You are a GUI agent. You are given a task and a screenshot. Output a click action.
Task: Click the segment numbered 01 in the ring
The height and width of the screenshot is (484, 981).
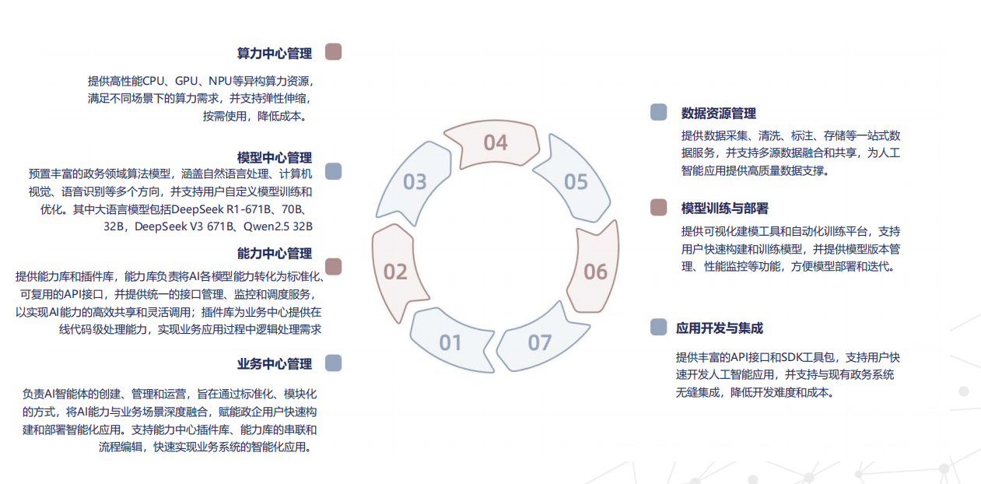pos(451,342)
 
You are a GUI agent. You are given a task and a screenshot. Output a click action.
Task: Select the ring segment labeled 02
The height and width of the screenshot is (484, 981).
pos(395,272)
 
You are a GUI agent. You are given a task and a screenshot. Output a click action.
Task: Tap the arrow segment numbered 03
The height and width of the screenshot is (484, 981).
pos(415,181)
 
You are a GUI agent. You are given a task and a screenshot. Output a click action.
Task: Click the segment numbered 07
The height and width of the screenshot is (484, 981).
pos(540,342)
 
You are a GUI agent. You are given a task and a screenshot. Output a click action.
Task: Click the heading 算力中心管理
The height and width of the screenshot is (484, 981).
pos(275,54)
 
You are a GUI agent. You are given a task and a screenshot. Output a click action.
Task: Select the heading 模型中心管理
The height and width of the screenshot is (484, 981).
pos(275,158)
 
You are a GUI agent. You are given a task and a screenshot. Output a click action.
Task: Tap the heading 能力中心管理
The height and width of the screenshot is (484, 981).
pos(275,253)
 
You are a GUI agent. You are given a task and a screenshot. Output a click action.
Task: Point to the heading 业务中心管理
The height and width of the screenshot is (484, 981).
pos(275,363)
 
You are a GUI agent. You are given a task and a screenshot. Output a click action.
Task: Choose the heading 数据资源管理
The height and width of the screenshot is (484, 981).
pos(719,114)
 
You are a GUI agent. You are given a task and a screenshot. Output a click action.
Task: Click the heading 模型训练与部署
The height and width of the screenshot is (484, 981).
pos(725,208)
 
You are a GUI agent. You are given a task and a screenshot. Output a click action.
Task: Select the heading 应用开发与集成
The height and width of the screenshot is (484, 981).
pos(720,328)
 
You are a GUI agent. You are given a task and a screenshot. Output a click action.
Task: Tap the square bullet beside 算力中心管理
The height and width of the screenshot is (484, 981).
pos(333,51)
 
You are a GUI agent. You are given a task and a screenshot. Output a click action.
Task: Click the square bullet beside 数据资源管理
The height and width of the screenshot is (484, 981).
pos(659,112)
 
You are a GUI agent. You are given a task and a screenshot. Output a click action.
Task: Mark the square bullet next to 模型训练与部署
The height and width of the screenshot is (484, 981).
pos(659,207)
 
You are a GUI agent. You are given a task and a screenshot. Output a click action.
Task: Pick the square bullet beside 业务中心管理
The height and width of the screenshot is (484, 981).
pos(333,363)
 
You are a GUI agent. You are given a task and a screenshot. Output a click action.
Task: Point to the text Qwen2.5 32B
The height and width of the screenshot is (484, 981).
pos(278,226)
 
